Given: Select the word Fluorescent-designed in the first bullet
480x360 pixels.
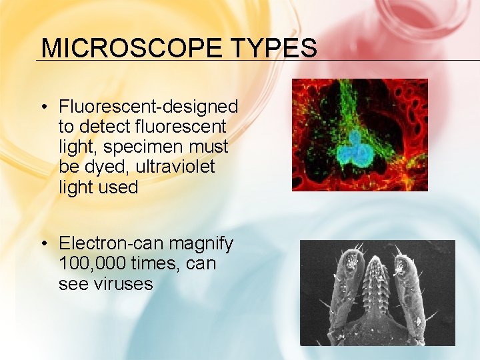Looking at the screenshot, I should point(148,107).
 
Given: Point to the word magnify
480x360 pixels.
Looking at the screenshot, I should point(198,244).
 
